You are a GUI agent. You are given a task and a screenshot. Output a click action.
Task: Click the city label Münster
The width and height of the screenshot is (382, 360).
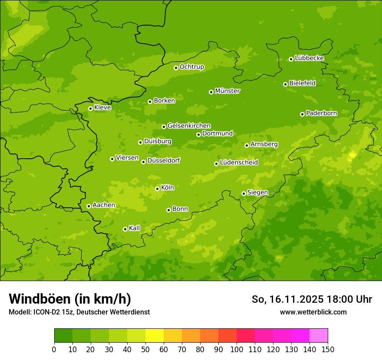point(227,91)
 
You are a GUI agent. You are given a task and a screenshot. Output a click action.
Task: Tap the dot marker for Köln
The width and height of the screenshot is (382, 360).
point(157,189)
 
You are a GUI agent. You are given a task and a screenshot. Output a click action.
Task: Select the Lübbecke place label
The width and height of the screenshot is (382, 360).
point(309,58)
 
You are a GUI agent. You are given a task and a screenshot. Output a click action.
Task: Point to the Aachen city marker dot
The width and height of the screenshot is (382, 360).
point(89,206)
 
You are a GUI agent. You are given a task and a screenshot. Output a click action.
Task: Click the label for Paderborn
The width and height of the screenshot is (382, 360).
point(321,113)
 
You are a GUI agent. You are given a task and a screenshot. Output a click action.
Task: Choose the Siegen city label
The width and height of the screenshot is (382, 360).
point(257,193)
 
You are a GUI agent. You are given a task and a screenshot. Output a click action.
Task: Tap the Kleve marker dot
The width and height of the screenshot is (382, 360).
point(90,108)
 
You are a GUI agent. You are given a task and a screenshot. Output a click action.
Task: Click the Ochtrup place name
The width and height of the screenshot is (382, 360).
point(191,67)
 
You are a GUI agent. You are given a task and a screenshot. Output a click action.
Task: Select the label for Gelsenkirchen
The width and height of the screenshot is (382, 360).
point(189,126)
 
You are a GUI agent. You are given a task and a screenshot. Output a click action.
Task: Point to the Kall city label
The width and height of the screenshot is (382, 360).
point(135,228)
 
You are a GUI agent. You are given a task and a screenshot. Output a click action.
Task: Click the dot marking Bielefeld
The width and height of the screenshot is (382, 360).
point(285,84)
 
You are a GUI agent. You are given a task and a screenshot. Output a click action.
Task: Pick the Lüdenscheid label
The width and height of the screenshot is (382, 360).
point(239,163)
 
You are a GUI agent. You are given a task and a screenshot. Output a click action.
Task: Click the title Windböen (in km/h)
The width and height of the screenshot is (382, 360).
point(70,299)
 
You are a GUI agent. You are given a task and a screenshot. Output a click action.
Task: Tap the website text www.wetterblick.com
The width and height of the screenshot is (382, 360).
point(313,312)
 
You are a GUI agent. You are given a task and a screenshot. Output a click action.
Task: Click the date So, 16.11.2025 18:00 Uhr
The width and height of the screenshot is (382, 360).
point(312,299)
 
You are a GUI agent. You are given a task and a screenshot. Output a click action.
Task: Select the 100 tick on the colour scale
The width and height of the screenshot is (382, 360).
point(237,350)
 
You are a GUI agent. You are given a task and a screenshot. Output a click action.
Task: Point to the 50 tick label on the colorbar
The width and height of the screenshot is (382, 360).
point(145,350)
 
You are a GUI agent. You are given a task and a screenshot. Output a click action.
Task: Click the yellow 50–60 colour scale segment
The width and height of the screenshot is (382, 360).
point(155,336)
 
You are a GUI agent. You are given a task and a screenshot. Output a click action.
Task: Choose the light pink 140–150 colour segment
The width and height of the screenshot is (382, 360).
point(319,336)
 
